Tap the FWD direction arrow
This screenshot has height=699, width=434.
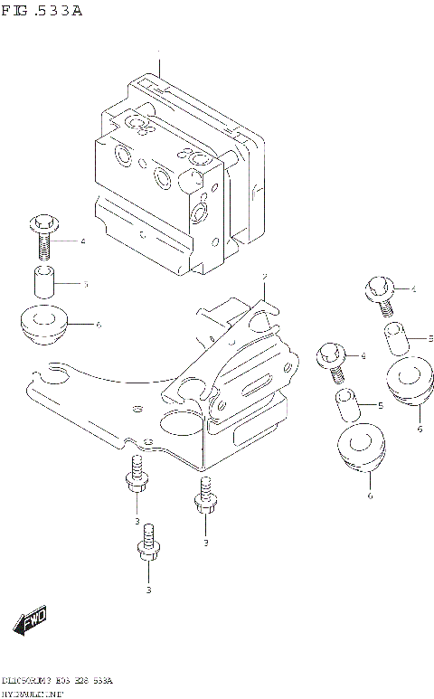click(x=31, y=621)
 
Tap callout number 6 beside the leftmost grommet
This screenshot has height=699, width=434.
click(x=98, y=323)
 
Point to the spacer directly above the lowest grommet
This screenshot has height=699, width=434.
click(x=347, y=404)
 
